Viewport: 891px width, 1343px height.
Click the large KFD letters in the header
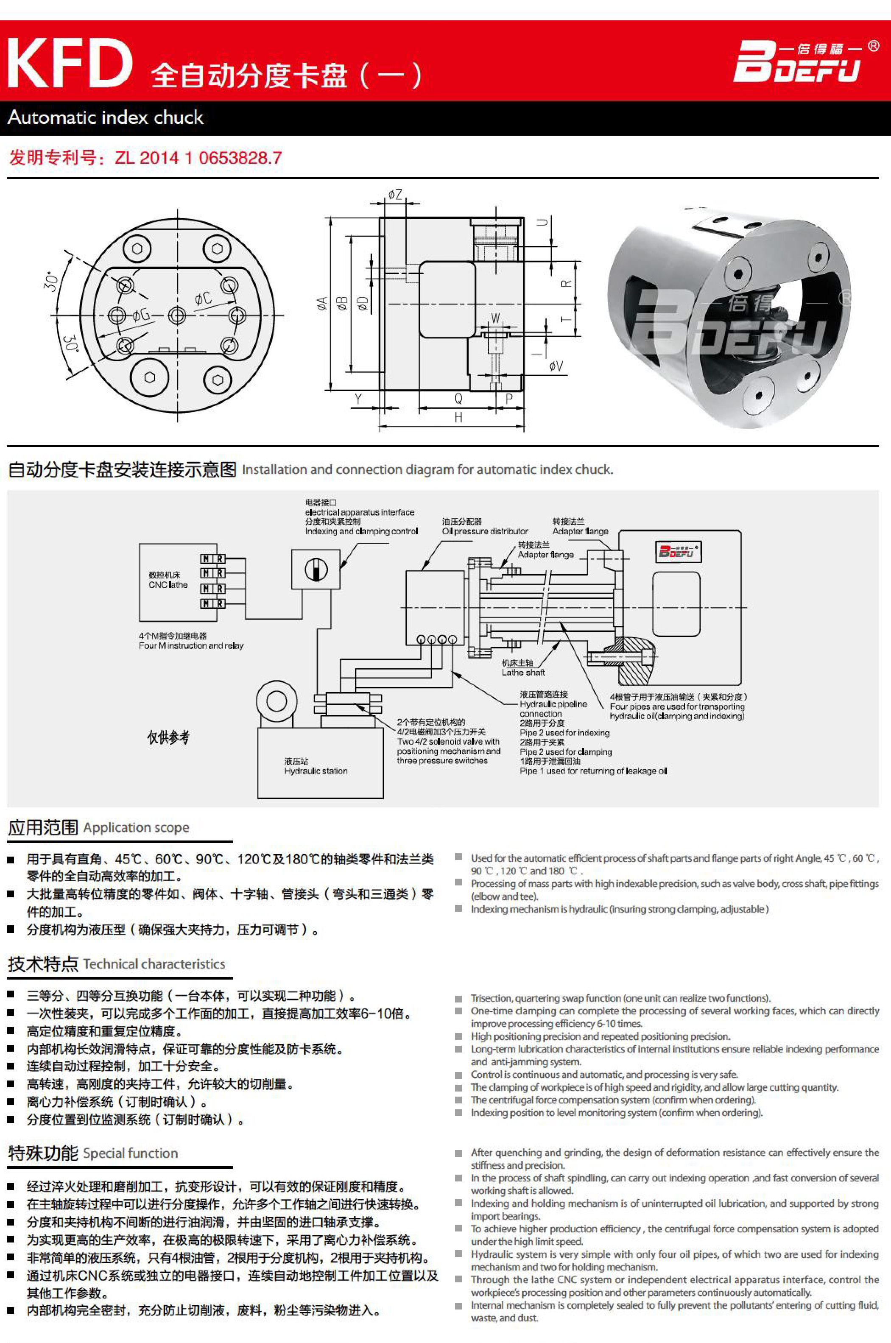pos(69,63)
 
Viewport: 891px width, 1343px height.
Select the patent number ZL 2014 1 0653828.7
pos(198,157)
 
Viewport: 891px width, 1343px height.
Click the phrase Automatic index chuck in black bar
pos(106,117)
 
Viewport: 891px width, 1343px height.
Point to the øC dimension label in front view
pos(203,298)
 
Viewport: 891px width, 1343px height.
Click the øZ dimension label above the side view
pos(395,195)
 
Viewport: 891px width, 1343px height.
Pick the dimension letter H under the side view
pos(458,418)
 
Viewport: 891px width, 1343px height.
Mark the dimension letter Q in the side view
pos(458,399)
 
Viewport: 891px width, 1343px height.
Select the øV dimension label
pos(556,366)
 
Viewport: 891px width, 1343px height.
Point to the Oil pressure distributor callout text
pos(485,531)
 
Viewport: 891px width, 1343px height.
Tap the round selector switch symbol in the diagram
pos(316,569)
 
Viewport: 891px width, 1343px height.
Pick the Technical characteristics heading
pos(154,964)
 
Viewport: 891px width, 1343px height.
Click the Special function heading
pos(130,1153)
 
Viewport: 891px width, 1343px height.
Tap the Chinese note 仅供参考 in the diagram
pos(168,737)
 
